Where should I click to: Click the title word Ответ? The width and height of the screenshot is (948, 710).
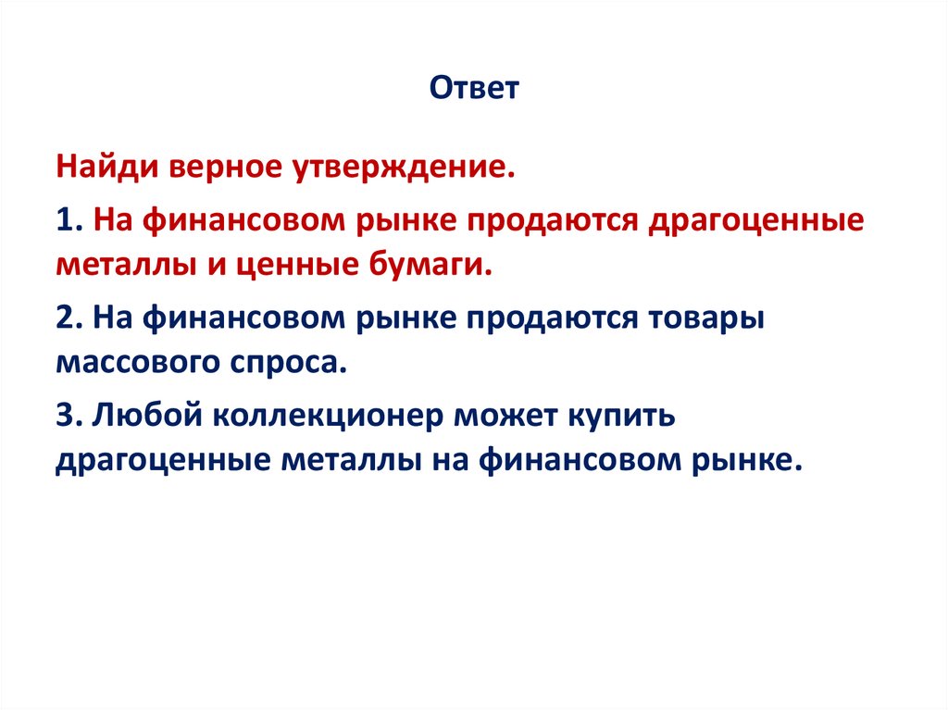475,90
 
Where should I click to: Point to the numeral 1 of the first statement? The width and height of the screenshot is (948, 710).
63,221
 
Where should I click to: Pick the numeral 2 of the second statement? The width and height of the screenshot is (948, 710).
63,318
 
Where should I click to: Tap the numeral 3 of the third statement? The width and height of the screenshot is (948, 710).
63,416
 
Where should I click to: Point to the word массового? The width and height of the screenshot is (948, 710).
135,362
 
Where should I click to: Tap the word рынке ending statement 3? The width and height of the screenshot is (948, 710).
743,460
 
